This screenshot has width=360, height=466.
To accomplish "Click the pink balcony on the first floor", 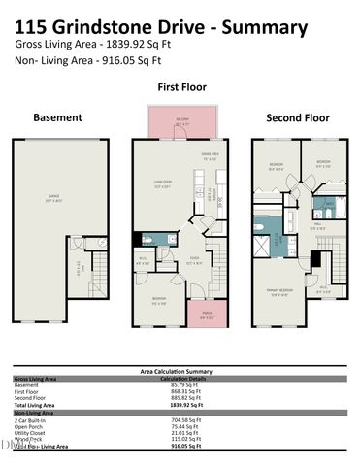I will click(x=181, y=124).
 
